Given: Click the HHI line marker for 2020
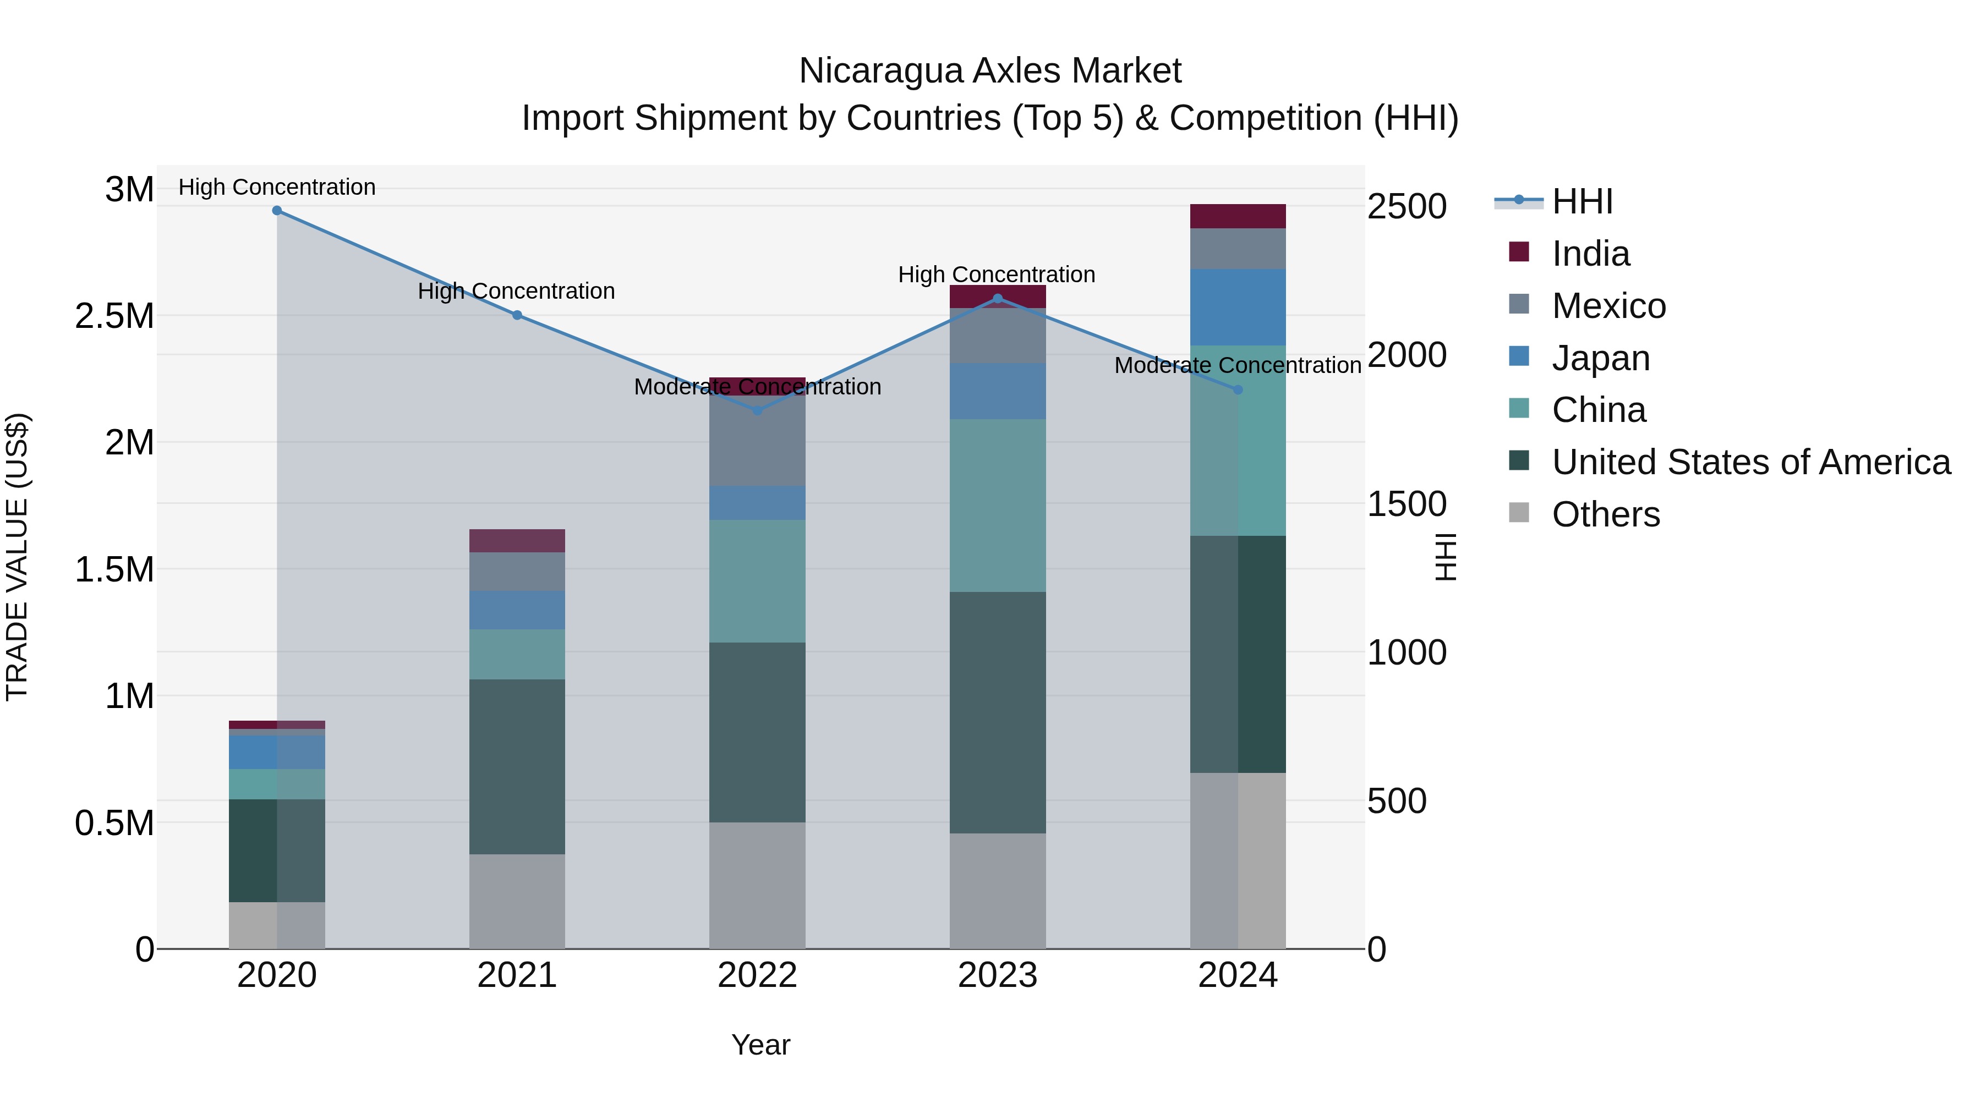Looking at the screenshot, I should (277, 210).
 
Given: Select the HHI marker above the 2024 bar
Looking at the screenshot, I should (1238, 390).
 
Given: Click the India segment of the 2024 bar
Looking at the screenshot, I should (1238, 216).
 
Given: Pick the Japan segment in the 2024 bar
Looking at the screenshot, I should (1238, 307).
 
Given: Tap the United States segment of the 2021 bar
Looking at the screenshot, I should (517, 766).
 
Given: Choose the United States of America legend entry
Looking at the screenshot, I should (1750, 462).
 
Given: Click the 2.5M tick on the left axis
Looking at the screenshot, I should (114, 316).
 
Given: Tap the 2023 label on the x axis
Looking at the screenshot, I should (998, 975).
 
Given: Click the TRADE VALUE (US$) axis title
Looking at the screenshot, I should (17, 557).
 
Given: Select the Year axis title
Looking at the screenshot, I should (760, 1045).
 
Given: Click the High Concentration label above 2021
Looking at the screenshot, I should (516, 292).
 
